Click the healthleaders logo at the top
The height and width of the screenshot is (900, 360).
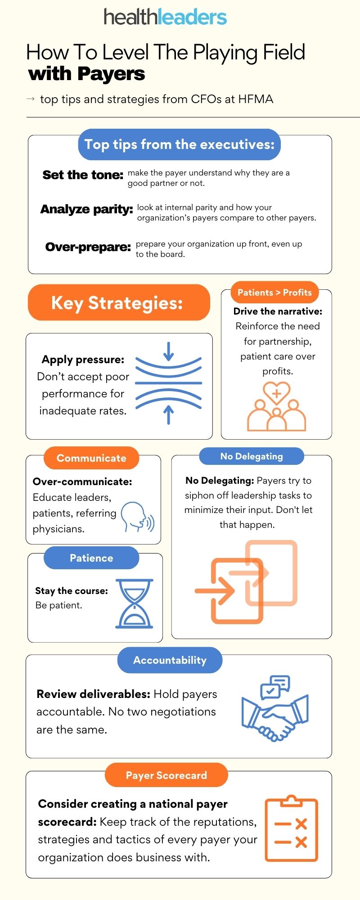coord(165,17)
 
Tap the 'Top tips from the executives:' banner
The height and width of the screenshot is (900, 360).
coord(179,144)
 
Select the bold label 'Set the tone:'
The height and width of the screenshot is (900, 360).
coord(83,175)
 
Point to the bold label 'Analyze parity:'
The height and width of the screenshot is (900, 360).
coord(86,209)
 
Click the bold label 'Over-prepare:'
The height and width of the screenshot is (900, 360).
coord(88,247)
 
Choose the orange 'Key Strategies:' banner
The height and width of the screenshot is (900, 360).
coord(119,302)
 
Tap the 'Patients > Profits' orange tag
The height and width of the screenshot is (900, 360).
coord(274,292)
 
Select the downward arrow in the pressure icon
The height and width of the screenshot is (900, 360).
coord(168,351)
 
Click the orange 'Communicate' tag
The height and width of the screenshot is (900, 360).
coord(91,458)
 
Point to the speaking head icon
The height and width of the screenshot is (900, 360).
coord(138,517)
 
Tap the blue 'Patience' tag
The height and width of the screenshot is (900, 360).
coord(91,558)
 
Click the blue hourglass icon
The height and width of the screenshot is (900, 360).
coord(135,603)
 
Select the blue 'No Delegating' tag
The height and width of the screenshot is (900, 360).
coord(252,456)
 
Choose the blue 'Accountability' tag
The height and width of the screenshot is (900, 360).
coord(170,660)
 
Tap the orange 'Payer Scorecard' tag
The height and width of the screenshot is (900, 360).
coord(166,775)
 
